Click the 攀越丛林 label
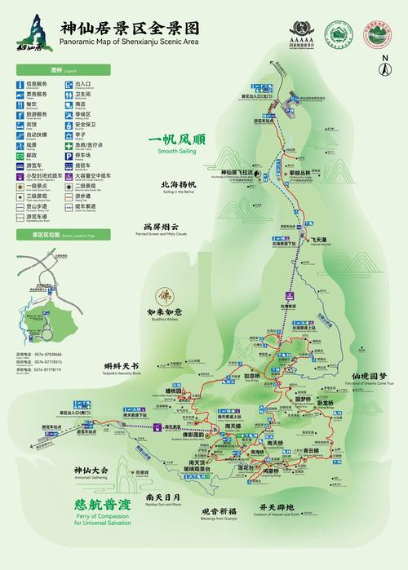coord(299,173)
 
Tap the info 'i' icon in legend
coord(19,83)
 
